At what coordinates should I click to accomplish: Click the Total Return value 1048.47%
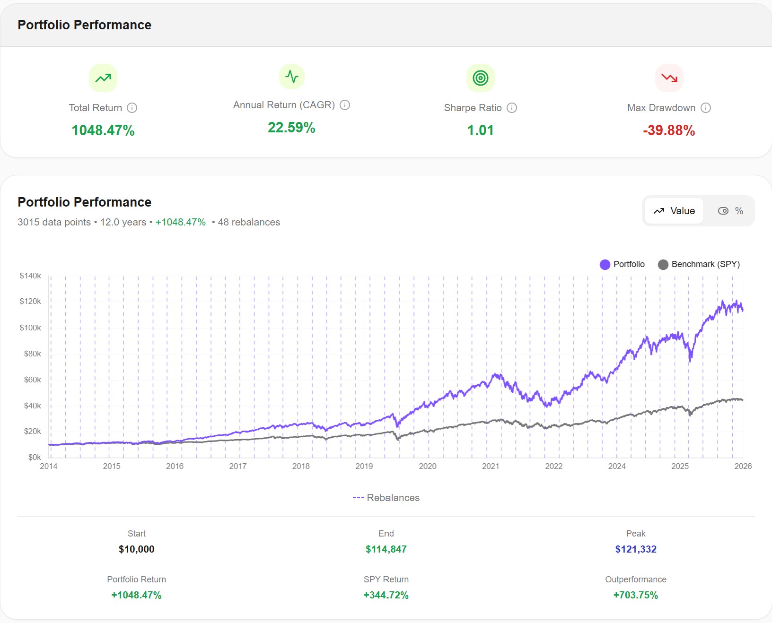point(103,130)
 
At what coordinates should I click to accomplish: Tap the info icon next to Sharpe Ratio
point(512,108)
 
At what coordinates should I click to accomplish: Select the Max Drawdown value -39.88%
point(668,130)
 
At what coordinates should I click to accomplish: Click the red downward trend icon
point(669,78)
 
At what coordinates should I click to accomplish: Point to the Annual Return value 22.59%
point(291,128)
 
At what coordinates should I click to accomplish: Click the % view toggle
point(730,211)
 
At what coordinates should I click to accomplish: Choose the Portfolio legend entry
point(622,264)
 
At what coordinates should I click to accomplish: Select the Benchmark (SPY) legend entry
point(699,264)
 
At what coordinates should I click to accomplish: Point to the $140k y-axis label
point(30,276)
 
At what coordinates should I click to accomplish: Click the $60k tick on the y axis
point(32,380)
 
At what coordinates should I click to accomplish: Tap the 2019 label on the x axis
point(364,466)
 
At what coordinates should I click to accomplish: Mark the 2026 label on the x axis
point(743,466)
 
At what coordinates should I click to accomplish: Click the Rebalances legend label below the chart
point(386,498)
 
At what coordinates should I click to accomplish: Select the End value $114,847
point(386,549)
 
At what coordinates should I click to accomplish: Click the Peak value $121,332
point(635,549)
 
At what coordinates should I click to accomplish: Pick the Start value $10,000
point(136,549)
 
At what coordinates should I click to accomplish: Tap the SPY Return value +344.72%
point(386,595)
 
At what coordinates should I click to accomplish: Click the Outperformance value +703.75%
point(635,595)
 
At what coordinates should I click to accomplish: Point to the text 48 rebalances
point(248,222)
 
